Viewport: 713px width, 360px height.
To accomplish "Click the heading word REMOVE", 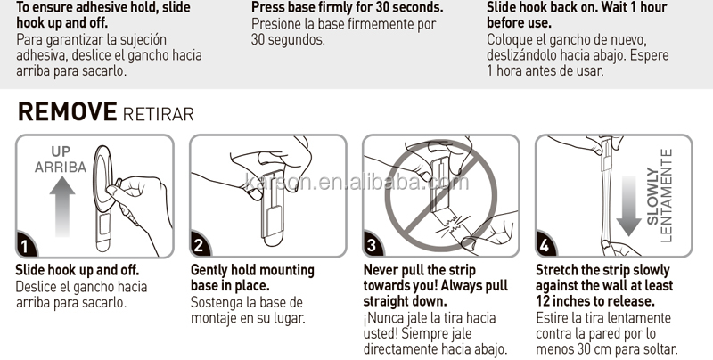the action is [68, 111].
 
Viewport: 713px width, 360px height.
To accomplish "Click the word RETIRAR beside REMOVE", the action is [159, 114].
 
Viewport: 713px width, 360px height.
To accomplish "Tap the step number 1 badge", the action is [25, 246].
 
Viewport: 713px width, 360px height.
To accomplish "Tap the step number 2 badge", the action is [199, 245].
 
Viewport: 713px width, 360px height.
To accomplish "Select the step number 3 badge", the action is [372, 245].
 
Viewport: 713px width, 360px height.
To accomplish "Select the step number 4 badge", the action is [545, 245].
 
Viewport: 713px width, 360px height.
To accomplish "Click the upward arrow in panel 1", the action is [62, 206].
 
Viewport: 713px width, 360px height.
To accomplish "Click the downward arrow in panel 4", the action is [629, 206].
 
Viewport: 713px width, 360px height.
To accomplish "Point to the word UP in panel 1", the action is [61, 151].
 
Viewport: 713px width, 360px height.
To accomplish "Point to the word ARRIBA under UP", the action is [61, 168].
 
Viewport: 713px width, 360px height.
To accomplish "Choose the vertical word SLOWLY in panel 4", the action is [652, 196].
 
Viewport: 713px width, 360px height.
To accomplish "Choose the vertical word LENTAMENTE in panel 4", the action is [666, 196].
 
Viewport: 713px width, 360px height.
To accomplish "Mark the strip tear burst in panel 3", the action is [450, 225].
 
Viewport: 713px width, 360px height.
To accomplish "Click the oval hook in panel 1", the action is [103, 179].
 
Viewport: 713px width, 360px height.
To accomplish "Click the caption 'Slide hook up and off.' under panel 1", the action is [78, 270].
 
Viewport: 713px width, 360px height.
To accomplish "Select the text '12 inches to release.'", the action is [595, 301].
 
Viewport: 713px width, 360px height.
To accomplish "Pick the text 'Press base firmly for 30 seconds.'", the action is [348, 7].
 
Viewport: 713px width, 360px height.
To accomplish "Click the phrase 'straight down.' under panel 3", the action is [406, 301].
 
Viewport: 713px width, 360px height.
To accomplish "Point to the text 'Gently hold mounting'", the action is [252, 270].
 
